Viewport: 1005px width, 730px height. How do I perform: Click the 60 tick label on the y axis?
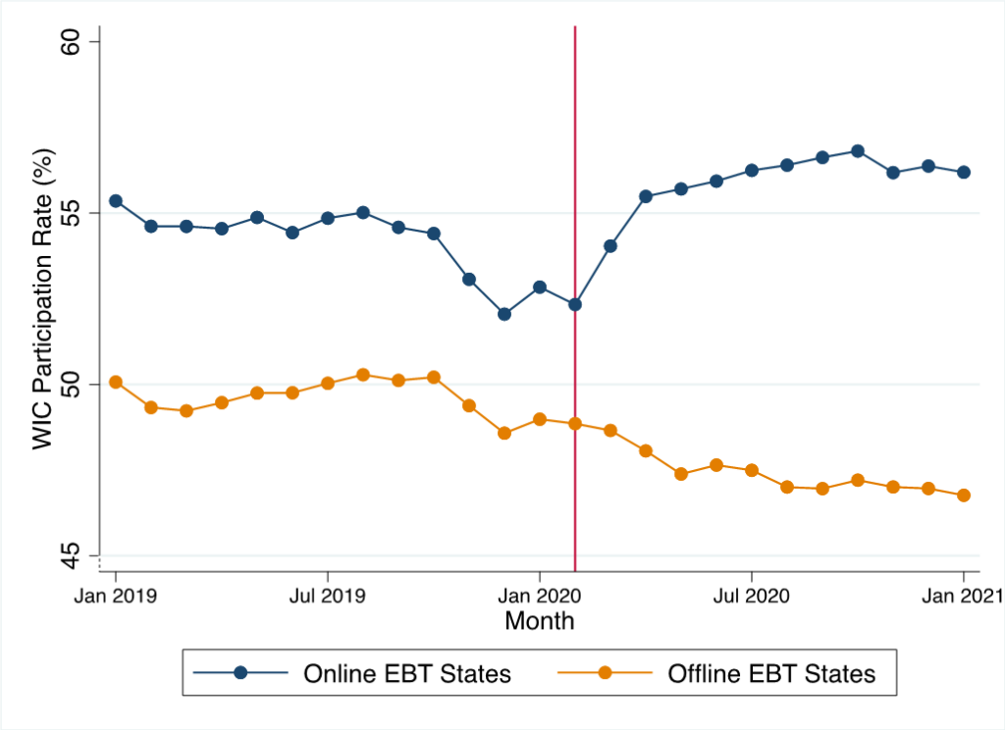point(76,41)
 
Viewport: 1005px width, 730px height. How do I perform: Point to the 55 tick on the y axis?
point(76,213)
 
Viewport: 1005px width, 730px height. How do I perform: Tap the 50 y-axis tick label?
point(76,384)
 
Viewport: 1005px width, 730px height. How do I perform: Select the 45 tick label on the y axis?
point(76,555)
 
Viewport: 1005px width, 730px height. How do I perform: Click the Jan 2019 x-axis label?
point(116,595)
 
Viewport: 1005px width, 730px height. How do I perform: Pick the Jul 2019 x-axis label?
point(328,595)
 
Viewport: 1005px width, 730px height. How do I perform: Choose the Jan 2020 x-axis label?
point(539,595)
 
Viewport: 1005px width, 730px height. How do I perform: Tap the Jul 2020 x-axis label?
point(751,595)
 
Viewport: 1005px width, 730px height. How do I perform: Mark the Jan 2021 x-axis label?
point(963,595)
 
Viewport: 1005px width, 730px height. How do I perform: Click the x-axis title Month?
point(539,621)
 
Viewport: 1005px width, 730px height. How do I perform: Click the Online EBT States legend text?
point(407,673)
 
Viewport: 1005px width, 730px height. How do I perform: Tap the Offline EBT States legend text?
point(771,673)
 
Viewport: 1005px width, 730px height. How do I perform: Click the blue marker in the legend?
point(241,673)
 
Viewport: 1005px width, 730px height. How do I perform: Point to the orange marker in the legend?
point(605,673)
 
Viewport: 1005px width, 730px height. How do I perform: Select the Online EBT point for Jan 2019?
point(116,200)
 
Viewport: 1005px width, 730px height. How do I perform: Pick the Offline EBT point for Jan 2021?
point(963,495)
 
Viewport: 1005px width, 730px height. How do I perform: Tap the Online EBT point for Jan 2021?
point(963,172)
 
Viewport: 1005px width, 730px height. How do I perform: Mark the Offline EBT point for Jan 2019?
point(116,382)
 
